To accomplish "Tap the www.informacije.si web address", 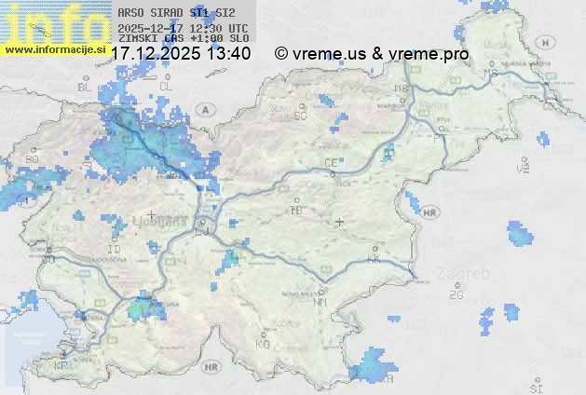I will pyautogui.click(x=54, y=48).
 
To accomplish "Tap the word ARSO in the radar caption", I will pyautogui.click(x=130, y=12).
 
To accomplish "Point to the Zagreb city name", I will pyautogui.click(x=467, y=274).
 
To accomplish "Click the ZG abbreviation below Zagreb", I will pyautogui.click(x=457, y=295).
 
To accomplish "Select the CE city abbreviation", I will pyautogui.click(x=331, y=163).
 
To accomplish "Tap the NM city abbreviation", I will pyautogui.click(x=321, y=302).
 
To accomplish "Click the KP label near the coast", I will pyautogui.click(x=62, y=366).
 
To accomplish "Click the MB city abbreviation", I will pyautogui.click(x=402, y=89).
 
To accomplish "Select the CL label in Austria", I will pyautogui.click(x=167, y=86).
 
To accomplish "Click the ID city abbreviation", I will pyautogui.click(x=115, y=250).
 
